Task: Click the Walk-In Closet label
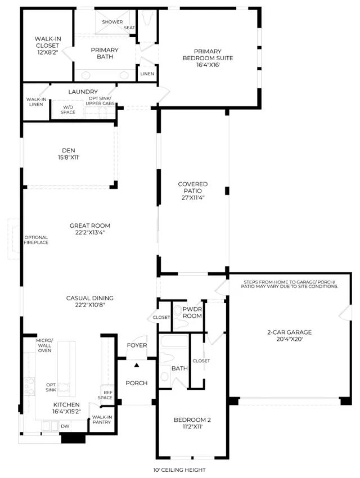[x=48, y=42]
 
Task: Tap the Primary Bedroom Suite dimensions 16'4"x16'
[x=208, y=65]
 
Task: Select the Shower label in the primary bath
[x=112, y=22]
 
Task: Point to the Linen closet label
[x=147, y=74]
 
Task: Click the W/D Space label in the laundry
[x=67, y=110]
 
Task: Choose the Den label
[x=69, y=150]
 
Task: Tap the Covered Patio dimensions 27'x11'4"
[x=193, y=197]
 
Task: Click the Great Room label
[x=90, y=226]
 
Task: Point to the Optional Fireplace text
[x=36, y=240]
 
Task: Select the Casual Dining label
[x=90, y=298]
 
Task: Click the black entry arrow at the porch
[x=137, y=364]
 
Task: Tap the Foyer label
[x=137, y=345]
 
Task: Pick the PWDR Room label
[x=192, y=313]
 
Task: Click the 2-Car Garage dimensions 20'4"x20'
[x=289, y=339]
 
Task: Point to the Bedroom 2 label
[x=192, y=420]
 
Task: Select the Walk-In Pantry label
[x=102, y=420]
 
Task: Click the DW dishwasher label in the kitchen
[x=65, y=426]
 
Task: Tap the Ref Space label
[x=105, y=395]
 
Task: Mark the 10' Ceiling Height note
[x=179, y=470]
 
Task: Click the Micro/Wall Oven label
[x=44, y=345]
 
